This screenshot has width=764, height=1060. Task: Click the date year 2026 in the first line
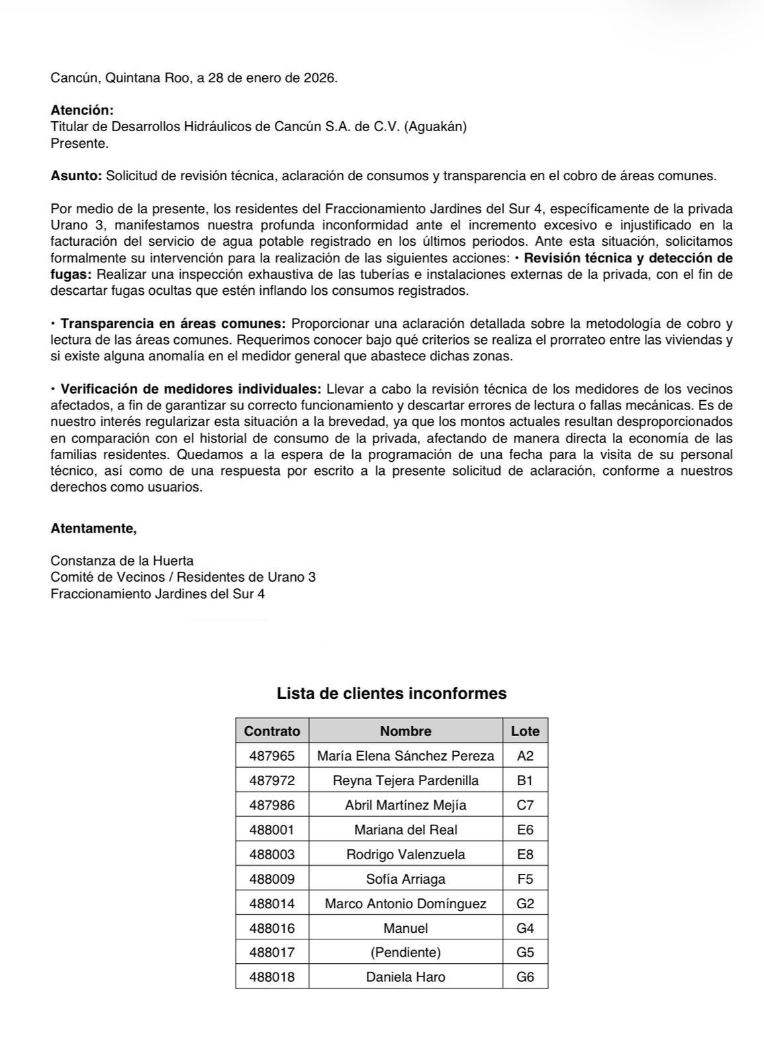click(x=320, y=78)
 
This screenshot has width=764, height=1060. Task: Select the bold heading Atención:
click(x=82, y=110)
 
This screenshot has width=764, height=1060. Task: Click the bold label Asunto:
click(x=76, y=176)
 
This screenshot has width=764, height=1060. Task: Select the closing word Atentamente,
click(x=93, y=529)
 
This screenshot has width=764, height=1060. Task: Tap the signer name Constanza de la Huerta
click(x=122, y=560)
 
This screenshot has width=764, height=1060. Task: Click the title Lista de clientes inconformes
click(x=391, y=694)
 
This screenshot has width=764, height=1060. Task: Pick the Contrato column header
click(x=272, y=731)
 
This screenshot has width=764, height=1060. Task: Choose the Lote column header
click(x=525, y=731)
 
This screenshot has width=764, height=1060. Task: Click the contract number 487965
click(x=272, y=756)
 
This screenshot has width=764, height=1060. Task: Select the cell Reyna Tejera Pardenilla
click(x=405, y=780)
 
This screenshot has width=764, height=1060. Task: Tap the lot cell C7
click(x=525, y=805)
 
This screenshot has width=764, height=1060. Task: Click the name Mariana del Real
click(x=405, y=829)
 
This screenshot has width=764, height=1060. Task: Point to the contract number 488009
click(x=272, y=879)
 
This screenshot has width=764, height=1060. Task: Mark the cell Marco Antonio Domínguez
click(x=405, y=904)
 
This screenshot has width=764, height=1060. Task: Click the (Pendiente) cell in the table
click(x=405, y=953)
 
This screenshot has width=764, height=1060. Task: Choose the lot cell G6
click(x=525, y=977)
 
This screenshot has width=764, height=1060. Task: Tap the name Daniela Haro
click(x=405, y=977)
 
